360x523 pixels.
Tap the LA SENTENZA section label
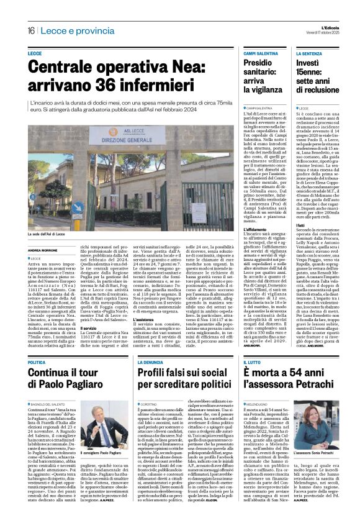[x=310, y=55]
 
